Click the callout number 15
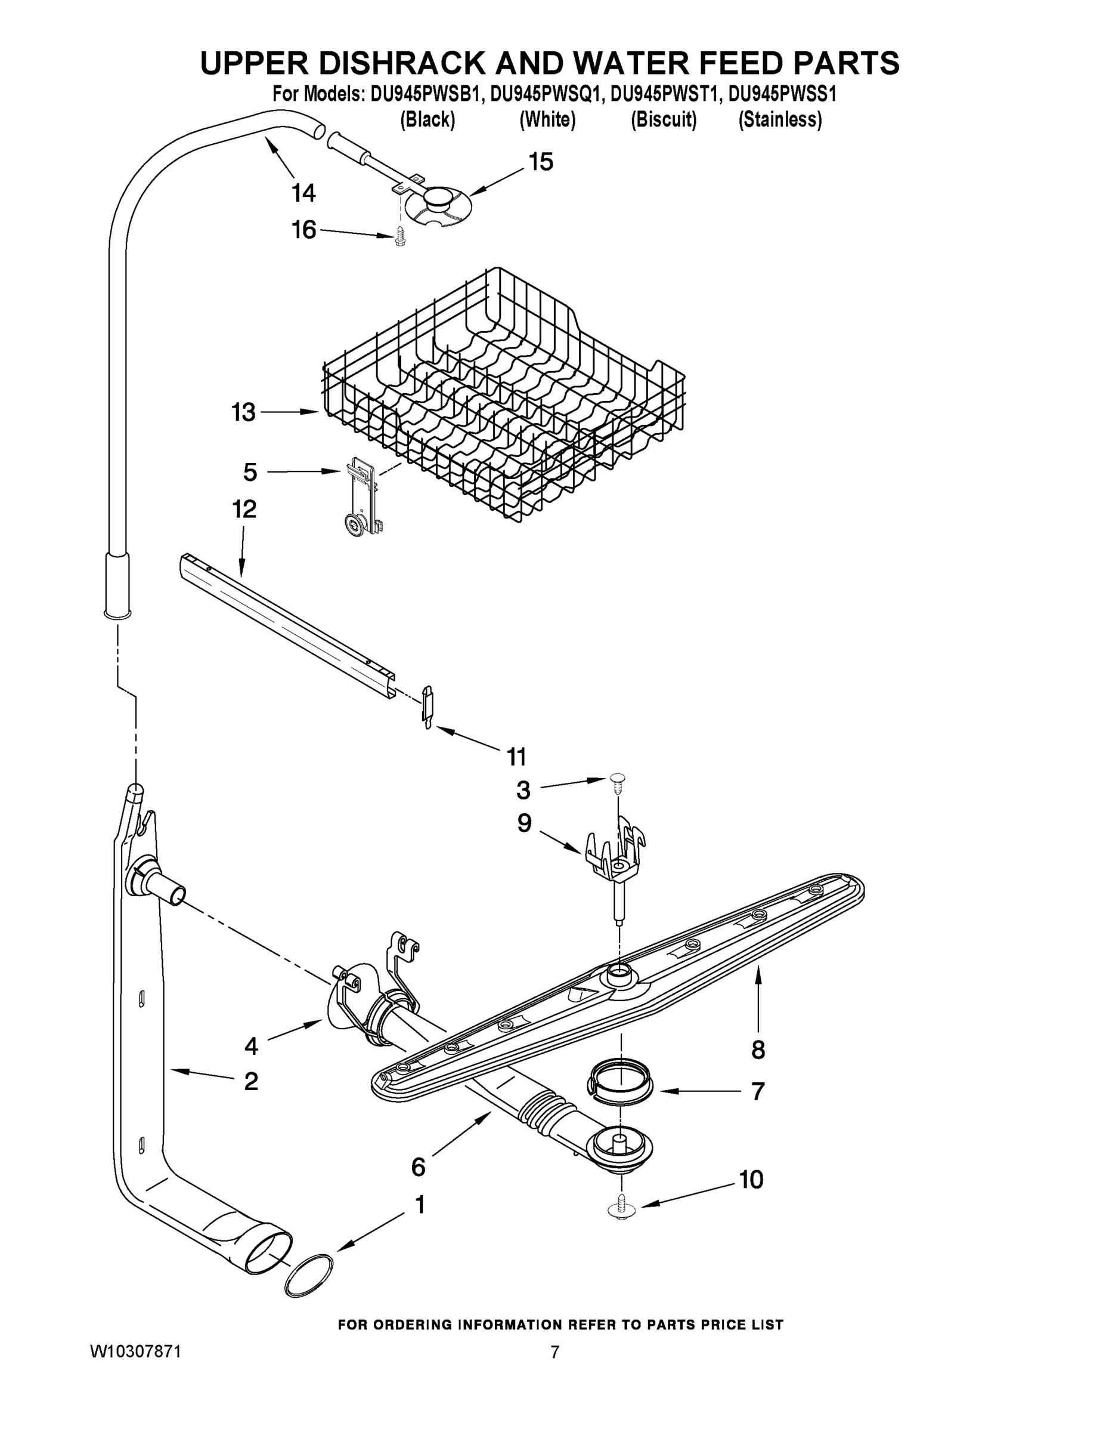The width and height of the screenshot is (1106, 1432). [x=541, y=161]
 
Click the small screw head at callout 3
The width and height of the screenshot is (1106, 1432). [x=617, y=777]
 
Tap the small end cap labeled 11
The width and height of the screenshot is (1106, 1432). [x=427, y=704]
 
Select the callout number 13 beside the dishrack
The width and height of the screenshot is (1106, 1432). [x=243, y=412]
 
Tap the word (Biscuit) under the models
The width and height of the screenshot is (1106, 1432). [x=663, y=119]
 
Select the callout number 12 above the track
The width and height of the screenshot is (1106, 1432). [x=244, y=509]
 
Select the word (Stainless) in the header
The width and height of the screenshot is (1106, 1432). [x=780, y=119]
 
